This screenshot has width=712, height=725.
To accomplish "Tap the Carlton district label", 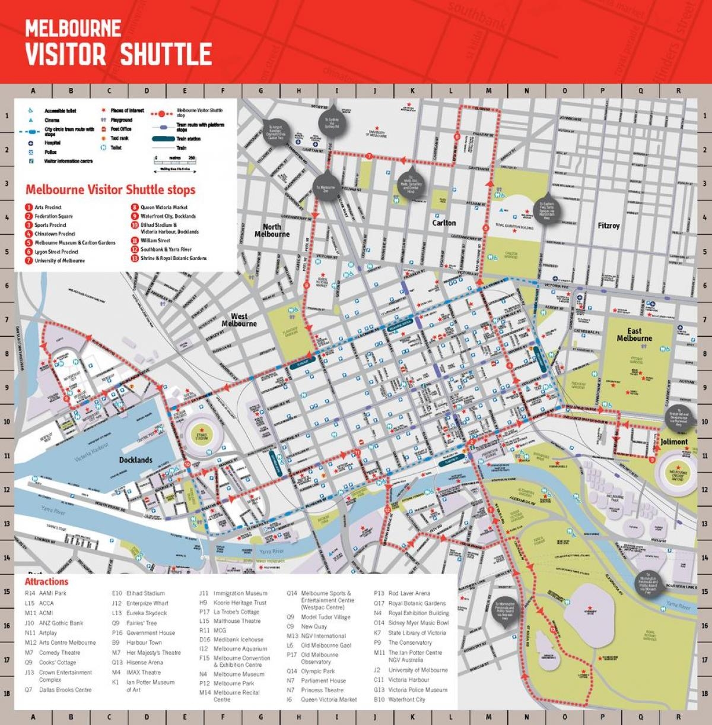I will coord(444,223).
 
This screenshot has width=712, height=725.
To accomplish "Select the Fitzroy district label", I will coord(609,226).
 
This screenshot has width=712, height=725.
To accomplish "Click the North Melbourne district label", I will coord(272,230).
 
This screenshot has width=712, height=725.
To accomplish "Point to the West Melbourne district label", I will coord(239,320).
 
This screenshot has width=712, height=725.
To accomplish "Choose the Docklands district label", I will coord(135,460).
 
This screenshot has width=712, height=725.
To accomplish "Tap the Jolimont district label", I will coord(674,442).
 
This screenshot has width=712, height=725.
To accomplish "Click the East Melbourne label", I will coord(634,335).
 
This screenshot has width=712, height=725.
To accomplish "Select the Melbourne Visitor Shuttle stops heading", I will coord(110,190).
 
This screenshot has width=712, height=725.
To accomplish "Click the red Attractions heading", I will coord(46,582).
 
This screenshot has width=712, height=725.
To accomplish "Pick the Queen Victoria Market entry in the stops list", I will coord(164,208).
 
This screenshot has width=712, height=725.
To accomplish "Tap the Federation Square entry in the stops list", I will coord(53,216).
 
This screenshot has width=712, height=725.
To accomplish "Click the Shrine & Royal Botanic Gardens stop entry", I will coord(173,258).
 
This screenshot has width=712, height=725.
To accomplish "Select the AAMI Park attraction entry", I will coord(53,593).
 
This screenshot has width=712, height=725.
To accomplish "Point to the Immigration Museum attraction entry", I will coord(240,593).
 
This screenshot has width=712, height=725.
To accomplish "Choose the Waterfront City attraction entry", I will coord(406,699).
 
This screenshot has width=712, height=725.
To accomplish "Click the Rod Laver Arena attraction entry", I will coord(409,593).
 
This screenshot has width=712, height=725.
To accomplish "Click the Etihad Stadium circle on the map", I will coord(201,432).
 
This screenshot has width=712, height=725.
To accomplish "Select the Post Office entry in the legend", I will coord(121,129).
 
